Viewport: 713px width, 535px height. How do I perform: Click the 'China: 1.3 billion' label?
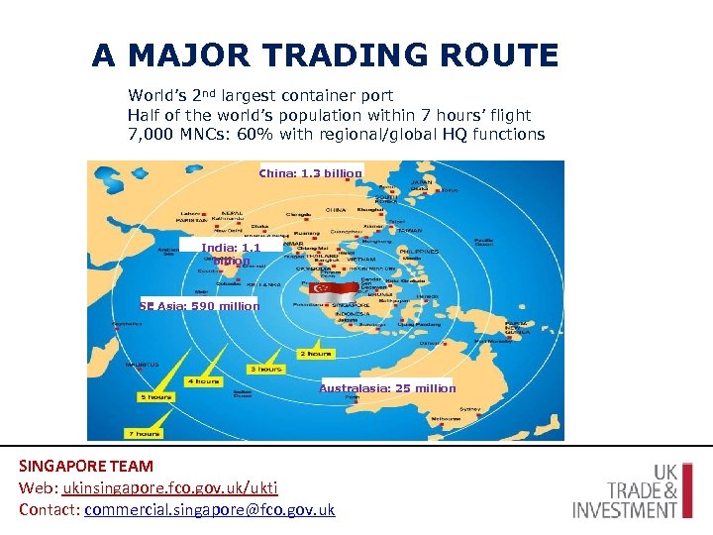click(311, 173)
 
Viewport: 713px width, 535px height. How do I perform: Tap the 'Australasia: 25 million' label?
click(387, 388)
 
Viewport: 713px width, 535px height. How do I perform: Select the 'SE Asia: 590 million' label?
click(200, 306)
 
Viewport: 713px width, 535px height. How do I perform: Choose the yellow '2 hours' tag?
click(315, 354)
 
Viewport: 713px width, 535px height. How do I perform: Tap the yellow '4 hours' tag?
click(203, 381)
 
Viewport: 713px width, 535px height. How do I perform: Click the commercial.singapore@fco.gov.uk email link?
click(210, 510)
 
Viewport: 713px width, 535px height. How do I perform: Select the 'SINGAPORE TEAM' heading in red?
click(86, 466)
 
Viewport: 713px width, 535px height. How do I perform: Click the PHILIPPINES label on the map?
click(419, 252)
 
